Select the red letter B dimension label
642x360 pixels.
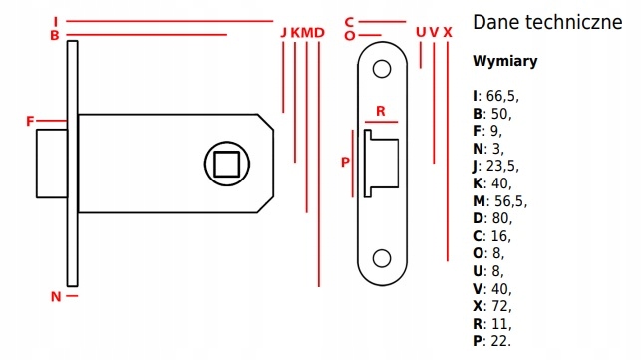coord(55,36)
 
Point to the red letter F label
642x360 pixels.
coord(30,121)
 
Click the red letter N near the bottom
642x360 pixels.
coord(56,296)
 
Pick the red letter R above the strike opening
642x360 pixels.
coord(381,111)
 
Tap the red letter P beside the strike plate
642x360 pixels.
coord(346,162)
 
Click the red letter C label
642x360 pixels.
coord(349,21)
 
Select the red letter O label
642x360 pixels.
coord(349,36)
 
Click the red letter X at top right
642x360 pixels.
coord(448,33)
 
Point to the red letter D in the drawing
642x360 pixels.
coord(319,33)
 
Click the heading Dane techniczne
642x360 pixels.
coord(546,22)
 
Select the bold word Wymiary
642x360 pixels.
coord(504,61)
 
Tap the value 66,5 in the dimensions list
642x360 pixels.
coord(501,96)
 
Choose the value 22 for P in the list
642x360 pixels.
coord(498,340)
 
